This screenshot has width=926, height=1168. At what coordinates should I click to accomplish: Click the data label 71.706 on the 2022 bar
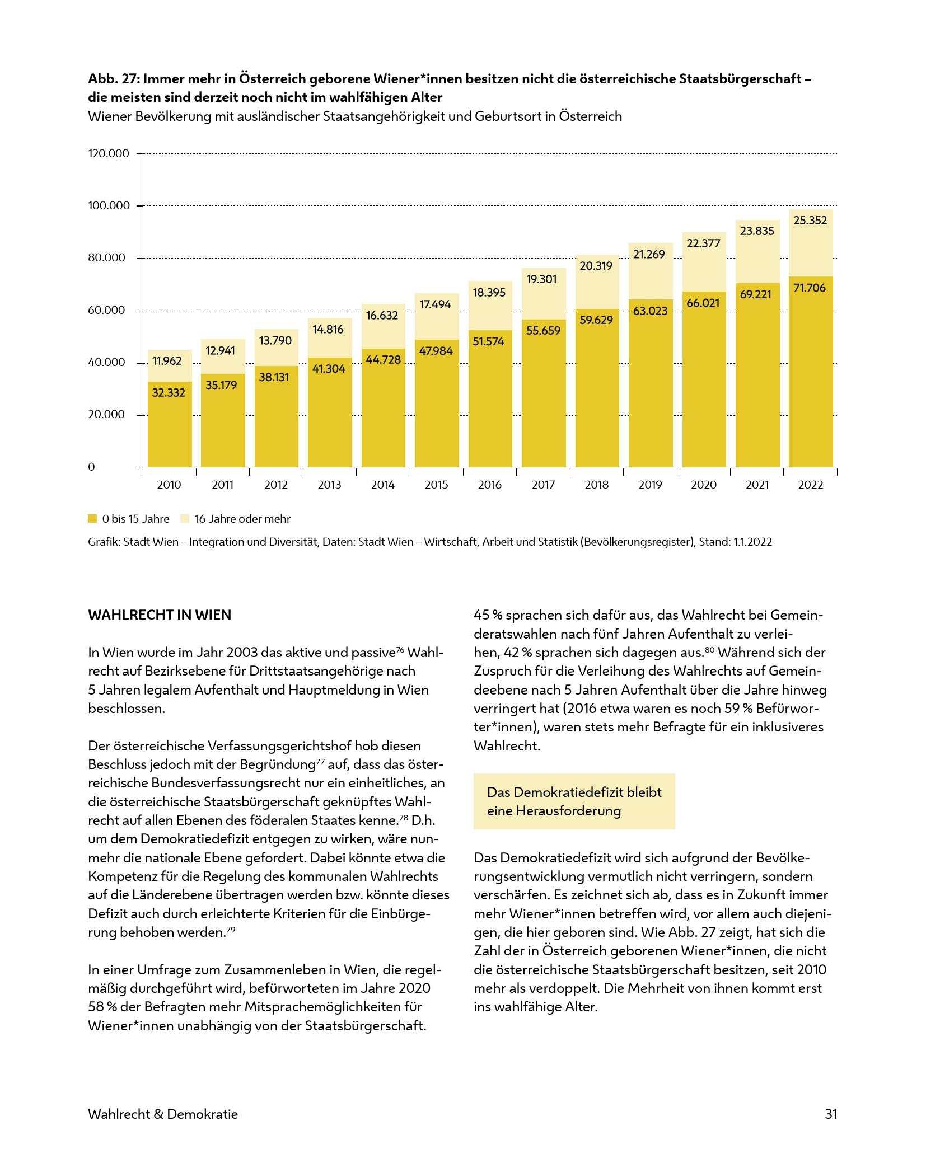(x=810, y=288)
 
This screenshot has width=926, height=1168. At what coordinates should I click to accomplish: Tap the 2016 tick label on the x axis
(x=489, y=485)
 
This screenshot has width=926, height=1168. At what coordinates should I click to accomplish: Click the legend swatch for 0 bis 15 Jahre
(x=92, y=519)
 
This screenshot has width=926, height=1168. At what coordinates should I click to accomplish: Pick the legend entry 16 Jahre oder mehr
(x=242, y=519)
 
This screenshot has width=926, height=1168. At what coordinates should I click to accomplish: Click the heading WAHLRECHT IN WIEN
(x=160, y=615)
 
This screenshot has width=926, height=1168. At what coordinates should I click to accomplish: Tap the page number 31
(x=831, y=1114)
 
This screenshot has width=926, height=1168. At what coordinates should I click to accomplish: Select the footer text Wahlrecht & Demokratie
(x=163, y=1114)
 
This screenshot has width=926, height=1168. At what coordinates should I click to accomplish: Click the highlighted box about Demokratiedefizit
(x=574, y=801)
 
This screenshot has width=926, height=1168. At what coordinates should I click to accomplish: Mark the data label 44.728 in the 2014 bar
(x=383, y=359)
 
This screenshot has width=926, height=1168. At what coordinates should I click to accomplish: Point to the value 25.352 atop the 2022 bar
(x=810, y=221)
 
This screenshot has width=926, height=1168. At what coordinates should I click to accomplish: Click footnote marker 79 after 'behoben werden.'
(x=231, y=930)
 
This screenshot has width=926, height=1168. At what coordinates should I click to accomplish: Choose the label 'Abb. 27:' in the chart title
(x=114, y=79)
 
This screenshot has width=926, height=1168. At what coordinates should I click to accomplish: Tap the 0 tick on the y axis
(x=92, y=467)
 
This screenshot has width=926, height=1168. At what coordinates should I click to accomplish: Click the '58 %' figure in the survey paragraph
(x=102, y=1007)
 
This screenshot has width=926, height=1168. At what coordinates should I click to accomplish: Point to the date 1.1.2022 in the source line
(x=752, y=542)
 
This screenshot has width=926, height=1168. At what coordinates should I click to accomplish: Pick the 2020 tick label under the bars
(x=703, y=485)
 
